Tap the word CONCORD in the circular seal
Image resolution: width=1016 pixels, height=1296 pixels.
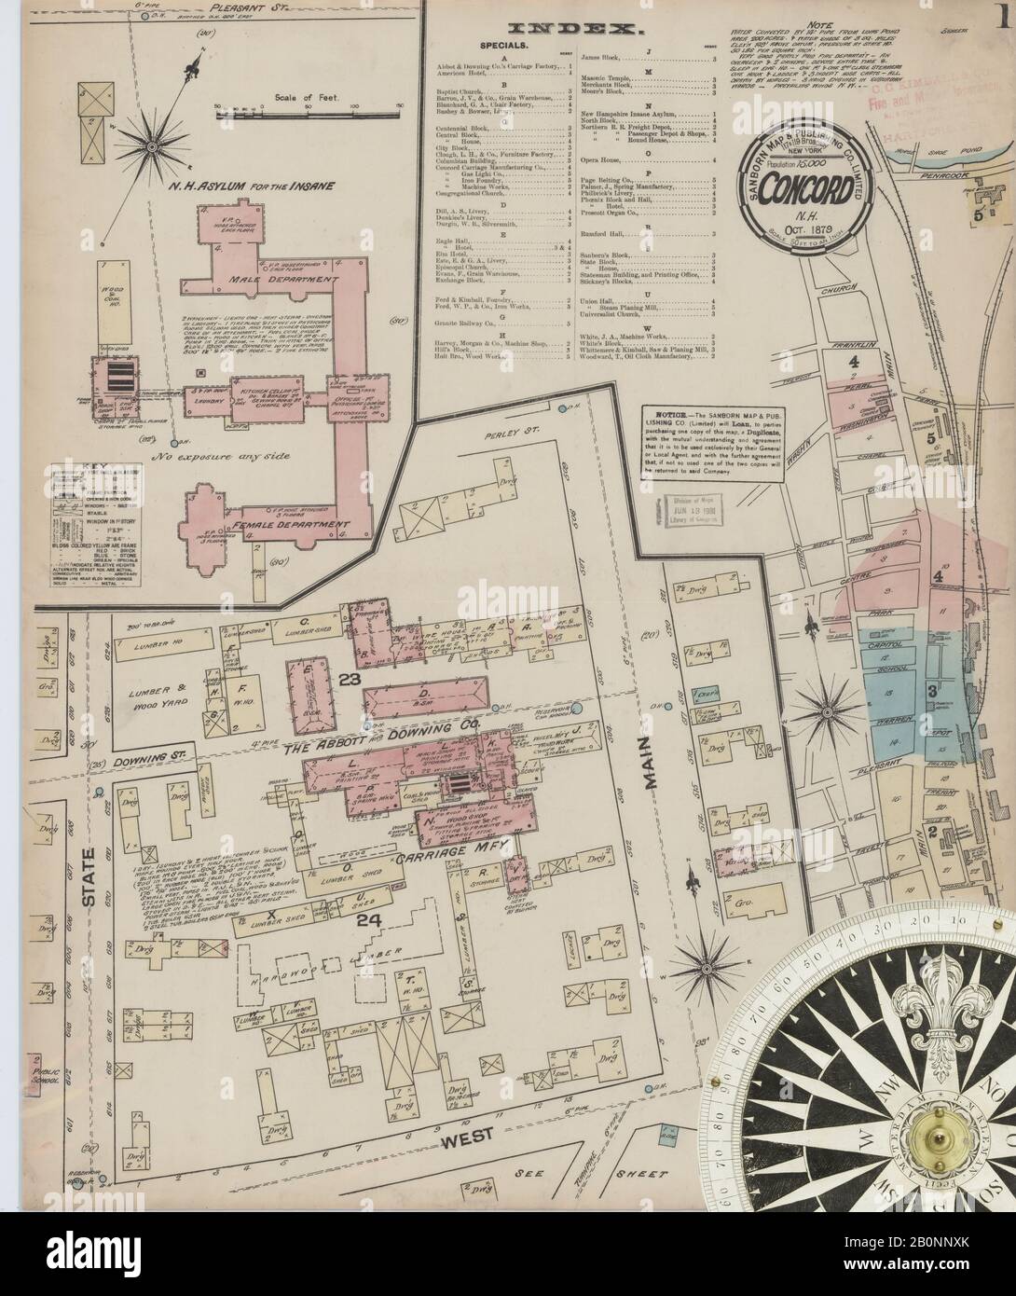point(804,186)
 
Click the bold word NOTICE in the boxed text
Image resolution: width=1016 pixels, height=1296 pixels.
point(664,412)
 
